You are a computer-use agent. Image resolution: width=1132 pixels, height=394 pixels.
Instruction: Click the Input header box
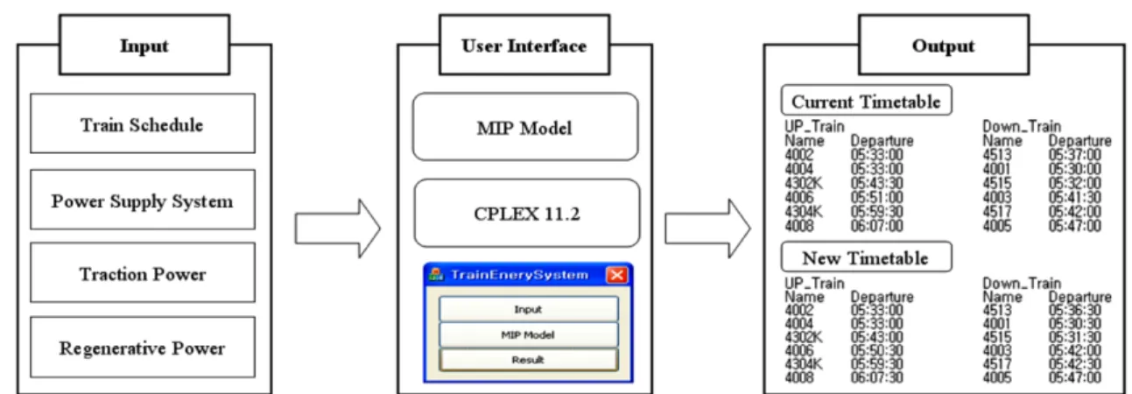coord(144,45)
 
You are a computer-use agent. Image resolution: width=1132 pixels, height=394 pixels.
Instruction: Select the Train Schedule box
coord(143,123)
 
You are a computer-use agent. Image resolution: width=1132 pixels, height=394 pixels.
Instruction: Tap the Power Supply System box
coord(143,200)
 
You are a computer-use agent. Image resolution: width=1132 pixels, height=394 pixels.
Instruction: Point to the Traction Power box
coord(143,273)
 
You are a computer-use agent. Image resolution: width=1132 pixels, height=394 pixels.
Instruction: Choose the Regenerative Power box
coord(143,347)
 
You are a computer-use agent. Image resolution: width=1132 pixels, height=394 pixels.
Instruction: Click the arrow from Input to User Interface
coord(338,229)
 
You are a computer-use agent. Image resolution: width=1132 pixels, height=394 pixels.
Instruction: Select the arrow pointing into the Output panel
coord(707,229)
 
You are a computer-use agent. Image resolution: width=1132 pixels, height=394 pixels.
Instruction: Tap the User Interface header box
coord(524,45)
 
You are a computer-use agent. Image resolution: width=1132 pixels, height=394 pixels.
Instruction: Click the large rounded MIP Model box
coord(525,127)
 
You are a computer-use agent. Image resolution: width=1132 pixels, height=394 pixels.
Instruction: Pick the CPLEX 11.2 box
coord(526,213)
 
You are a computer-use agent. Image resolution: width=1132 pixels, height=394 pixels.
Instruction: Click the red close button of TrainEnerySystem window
coord(616,275)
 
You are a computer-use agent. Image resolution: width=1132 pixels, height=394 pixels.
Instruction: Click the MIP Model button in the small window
coord(528,334)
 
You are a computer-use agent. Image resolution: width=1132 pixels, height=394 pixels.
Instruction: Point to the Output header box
coord(944,45)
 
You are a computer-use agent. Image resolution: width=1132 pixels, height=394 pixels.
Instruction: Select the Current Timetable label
coord(866,101)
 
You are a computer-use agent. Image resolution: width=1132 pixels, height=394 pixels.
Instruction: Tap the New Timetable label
coord(866,257)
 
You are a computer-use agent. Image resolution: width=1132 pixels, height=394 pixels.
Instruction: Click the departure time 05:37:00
coord(1074,155)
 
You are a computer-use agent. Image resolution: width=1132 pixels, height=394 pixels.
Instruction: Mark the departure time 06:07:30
coord(876,377)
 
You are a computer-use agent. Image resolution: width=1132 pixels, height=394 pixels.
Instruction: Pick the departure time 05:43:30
coord(876,183)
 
